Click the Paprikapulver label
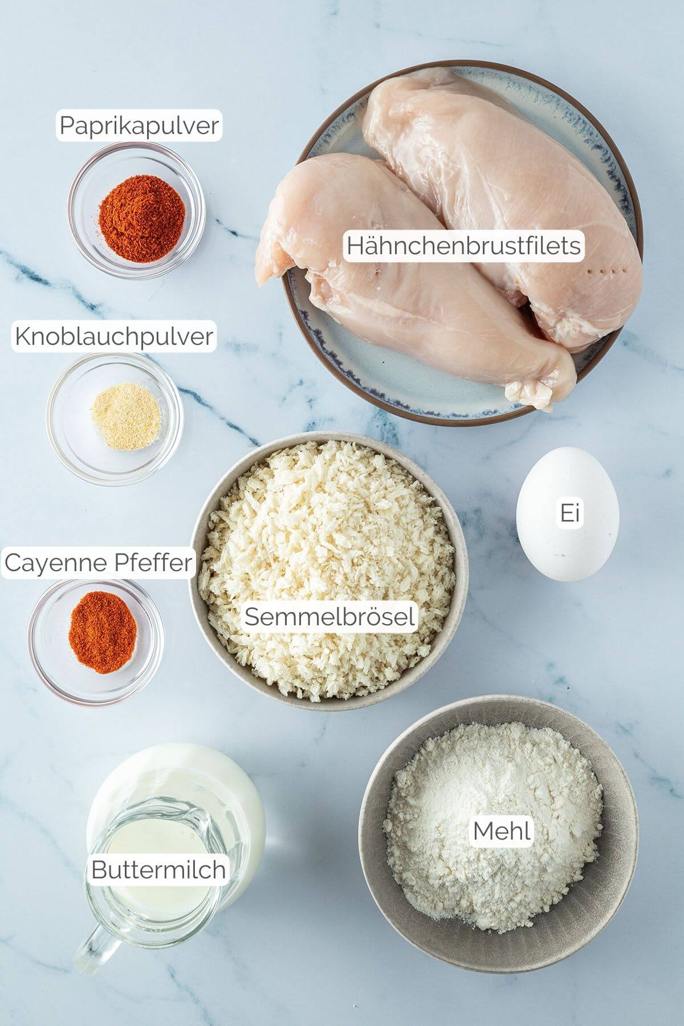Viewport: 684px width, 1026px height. click(139, 126)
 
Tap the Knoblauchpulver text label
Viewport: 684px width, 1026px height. click(114, 336)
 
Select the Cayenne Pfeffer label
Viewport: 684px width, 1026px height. click(98, 563)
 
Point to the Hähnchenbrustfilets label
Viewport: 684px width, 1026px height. click(463, 246)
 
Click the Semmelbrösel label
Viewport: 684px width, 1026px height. click(329, 616)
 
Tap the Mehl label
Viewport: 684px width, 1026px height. click(502, 830)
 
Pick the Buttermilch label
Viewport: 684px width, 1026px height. click(158, 870)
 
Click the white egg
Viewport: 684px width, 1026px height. click(567, 514)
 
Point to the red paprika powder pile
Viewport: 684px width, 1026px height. click(142, 209)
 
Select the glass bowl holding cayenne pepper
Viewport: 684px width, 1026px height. click(96, 639)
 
